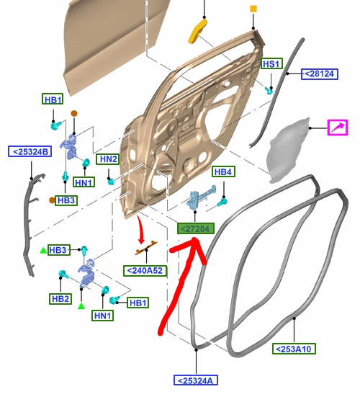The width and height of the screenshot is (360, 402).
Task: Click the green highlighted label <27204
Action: (196, 228)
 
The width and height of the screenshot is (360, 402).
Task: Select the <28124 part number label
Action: (320, 73)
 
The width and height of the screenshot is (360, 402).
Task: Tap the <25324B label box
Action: (30, 151)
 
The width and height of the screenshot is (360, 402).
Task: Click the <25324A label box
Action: (196, 380)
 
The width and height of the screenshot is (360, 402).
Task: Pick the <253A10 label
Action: (294, 349)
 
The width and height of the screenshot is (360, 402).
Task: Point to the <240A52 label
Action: (145, 271)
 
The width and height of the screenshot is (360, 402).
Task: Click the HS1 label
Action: (271, 63)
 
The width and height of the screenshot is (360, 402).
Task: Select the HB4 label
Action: (223, 171)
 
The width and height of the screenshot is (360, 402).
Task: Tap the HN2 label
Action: (108, 159)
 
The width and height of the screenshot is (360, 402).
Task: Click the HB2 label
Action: (60, 299)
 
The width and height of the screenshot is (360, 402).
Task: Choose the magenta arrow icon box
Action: (338, 128)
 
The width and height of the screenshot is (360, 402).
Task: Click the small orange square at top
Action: (253, 9)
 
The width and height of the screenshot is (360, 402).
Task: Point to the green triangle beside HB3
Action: (43, 251)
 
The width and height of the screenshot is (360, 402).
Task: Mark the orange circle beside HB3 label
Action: (52, 200)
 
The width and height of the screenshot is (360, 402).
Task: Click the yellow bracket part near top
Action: (198, 31)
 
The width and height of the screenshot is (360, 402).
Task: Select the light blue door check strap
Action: (202, 197)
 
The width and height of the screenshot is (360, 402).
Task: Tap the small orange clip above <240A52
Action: (145, 248)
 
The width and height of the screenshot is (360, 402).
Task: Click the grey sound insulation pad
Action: (289, 151)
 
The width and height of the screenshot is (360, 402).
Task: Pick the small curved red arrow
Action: (140, 230)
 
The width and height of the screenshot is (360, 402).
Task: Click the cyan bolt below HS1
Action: (269, 90)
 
